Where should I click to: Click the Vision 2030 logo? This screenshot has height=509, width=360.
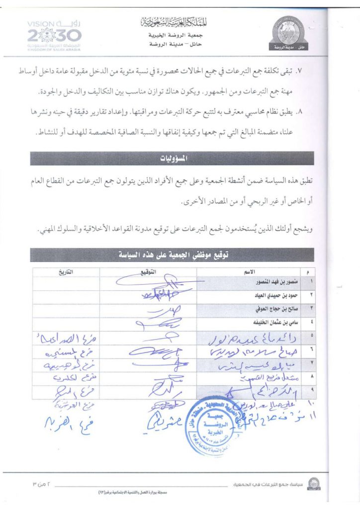52,35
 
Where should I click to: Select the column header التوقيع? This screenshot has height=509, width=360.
148,271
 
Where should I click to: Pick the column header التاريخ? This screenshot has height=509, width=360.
66,271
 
